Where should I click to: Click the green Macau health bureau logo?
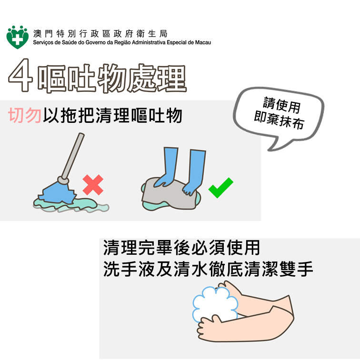tap(17, 36)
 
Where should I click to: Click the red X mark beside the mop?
tap(92, 185)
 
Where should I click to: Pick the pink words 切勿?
tap(25, 115)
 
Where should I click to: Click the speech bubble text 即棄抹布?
tap(279, 121)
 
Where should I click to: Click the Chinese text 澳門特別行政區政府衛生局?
tap(100, 34)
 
